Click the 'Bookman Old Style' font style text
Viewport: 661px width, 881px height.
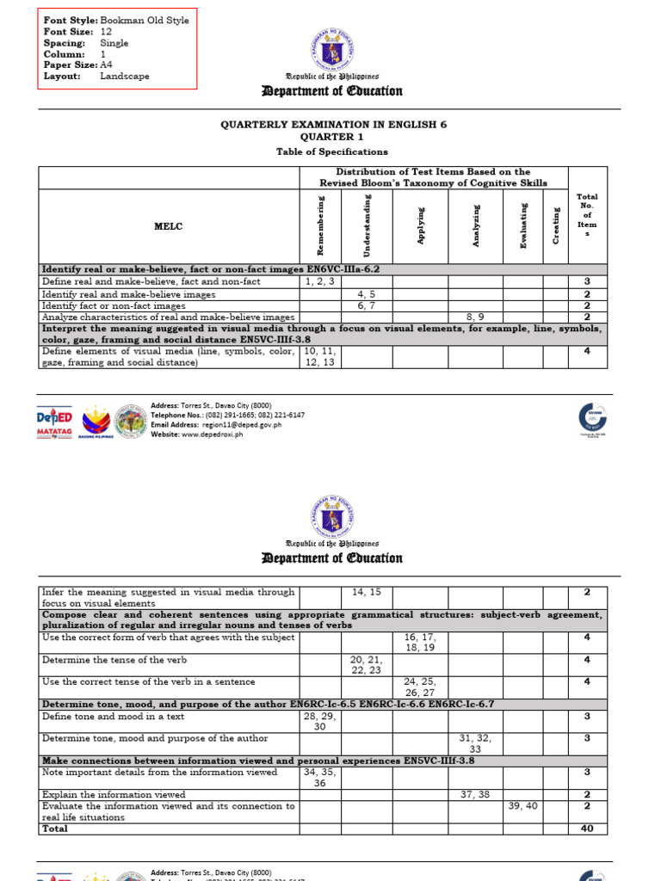[x=145, y=20]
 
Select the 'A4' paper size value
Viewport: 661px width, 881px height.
[x=107, y=65]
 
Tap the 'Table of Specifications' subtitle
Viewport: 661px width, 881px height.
[x=331, y=151]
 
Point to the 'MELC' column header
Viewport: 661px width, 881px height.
[x=169, y=226]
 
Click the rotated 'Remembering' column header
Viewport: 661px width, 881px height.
[x=320, y=225]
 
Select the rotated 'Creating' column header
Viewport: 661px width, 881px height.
[x=556, y=225]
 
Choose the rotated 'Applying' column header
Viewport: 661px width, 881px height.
[x=421, y=225]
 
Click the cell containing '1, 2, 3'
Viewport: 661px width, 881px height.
[x=320, y=281]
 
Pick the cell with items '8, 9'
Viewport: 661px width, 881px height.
[x=475, y=317]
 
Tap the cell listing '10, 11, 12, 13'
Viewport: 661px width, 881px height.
[x=320, y=356]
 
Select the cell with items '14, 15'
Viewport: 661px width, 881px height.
[x=367, y=592]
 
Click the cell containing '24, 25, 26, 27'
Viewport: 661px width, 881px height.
[x=421, y=687]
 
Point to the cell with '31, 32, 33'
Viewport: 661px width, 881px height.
[x=475, y=743]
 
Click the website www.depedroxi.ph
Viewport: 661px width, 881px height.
[x=212, y=434]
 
